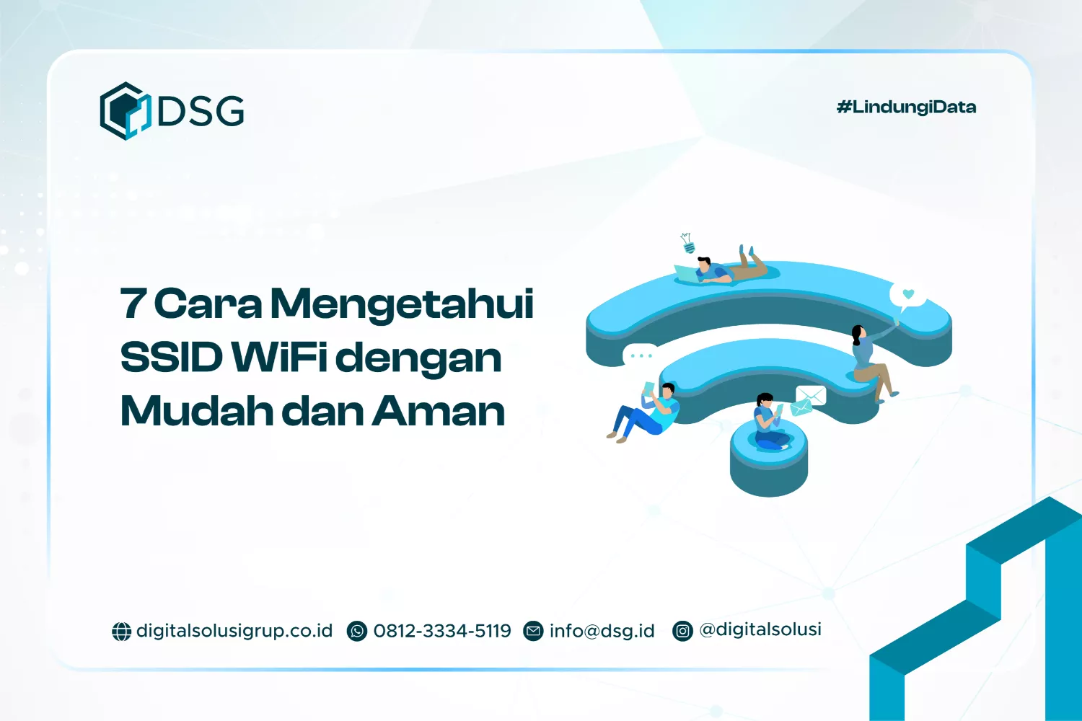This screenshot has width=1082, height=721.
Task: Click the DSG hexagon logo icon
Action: (x=125, y=111)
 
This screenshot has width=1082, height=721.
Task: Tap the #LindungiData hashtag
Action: (x=906, y=107)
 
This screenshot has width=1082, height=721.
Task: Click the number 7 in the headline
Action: (x=133, y=304)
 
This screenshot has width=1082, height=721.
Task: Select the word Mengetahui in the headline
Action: (x=402, y=304)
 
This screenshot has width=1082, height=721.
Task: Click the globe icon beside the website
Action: (x=121, y=632)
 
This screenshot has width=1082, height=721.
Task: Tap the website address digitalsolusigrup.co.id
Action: (x=234, y=631)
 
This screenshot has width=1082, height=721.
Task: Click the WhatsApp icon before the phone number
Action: (x=357, y=632)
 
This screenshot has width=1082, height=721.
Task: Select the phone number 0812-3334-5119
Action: (x=442, y=631)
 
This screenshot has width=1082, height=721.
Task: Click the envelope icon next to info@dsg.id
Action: (x=533, y=632)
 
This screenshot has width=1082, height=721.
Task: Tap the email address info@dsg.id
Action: (x=602, y=631)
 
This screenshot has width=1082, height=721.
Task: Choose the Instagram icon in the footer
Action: (x=682, y=632)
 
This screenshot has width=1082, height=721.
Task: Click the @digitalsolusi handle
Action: (x=760, y=629)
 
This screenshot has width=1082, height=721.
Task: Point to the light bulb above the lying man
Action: (x=687, y=243)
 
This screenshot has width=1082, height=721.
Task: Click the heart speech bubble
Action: (x=907, y=295)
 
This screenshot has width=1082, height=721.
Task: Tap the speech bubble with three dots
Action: (x=640, y=355)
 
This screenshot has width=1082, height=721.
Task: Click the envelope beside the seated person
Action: (x=809, y=396)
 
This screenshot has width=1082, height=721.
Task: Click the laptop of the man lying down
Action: (x=685, y=273)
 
